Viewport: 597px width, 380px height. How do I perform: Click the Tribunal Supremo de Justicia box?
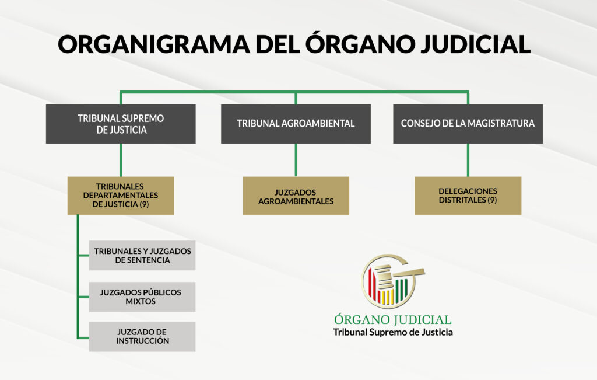click(121, 124)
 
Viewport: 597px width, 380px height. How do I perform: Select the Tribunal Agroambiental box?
click(296, 124)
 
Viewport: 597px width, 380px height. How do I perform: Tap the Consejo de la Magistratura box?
click(468, 124)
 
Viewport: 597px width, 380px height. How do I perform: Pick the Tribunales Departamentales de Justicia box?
click(121, 196)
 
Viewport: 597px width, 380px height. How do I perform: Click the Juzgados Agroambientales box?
click(296, 196)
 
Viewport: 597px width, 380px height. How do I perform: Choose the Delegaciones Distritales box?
click(468, 196)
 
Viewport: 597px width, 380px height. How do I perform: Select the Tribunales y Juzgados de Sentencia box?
click(142, 255)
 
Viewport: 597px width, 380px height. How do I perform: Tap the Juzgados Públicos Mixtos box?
click(142, 297)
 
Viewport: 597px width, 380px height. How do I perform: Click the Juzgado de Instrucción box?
click(142, 337)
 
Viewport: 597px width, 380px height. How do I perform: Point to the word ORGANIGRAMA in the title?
click(154, 44)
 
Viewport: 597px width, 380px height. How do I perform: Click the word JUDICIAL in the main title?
click(476, 44)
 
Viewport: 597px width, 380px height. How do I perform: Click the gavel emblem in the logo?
click(392, 281)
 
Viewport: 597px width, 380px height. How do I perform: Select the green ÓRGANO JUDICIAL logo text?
click(393, 319)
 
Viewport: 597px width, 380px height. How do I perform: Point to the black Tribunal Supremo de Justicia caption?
click(393, 332)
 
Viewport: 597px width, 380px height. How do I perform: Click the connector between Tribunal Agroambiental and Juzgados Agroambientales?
click(296, 160)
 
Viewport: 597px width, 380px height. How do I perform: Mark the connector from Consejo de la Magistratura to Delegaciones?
click(468, 160)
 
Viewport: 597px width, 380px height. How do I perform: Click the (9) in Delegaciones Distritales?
click(492, 200)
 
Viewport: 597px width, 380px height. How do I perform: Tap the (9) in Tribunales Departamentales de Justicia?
click(144, 204)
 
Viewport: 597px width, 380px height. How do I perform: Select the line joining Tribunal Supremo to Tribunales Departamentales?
click(121, 160)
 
